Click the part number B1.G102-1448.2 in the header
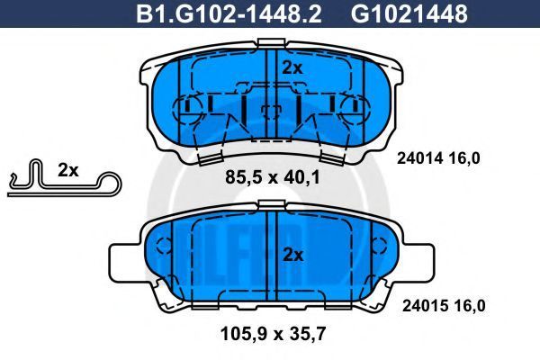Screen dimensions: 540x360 229,13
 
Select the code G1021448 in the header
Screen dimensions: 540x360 409,13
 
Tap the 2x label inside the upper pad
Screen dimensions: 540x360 292,68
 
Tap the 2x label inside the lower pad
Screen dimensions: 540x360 292,256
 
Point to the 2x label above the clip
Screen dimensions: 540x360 67,170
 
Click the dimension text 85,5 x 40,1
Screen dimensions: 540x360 273,177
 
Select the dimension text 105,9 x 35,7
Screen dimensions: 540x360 273,334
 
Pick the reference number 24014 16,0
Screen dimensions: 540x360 438,158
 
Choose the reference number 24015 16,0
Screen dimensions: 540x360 444,306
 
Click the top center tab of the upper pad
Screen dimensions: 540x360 272,42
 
